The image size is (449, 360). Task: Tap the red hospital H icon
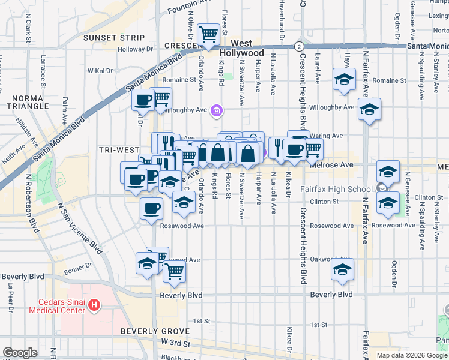pyautogui.click(x=93, y=305)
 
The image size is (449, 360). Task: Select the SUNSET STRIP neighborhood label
pyautogui.click(x=114, y=38)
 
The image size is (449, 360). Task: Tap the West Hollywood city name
pyautogui.click(x=241, y=48)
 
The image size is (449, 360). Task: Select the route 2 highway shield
pyautogui.click(x=298, y=46)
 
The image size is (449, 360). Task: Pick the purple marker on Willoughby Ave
pyautogui.click(x=217, y=110)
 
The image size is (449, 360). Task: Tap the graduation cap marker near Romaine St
pyautogui.click(x=344, y=79)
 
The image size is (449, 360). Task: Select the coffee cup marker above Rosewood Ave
pyautogui.click(x=151, y=208)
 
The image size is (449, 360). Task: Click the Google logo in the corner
pyautogui.click(x=20, y=353)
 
